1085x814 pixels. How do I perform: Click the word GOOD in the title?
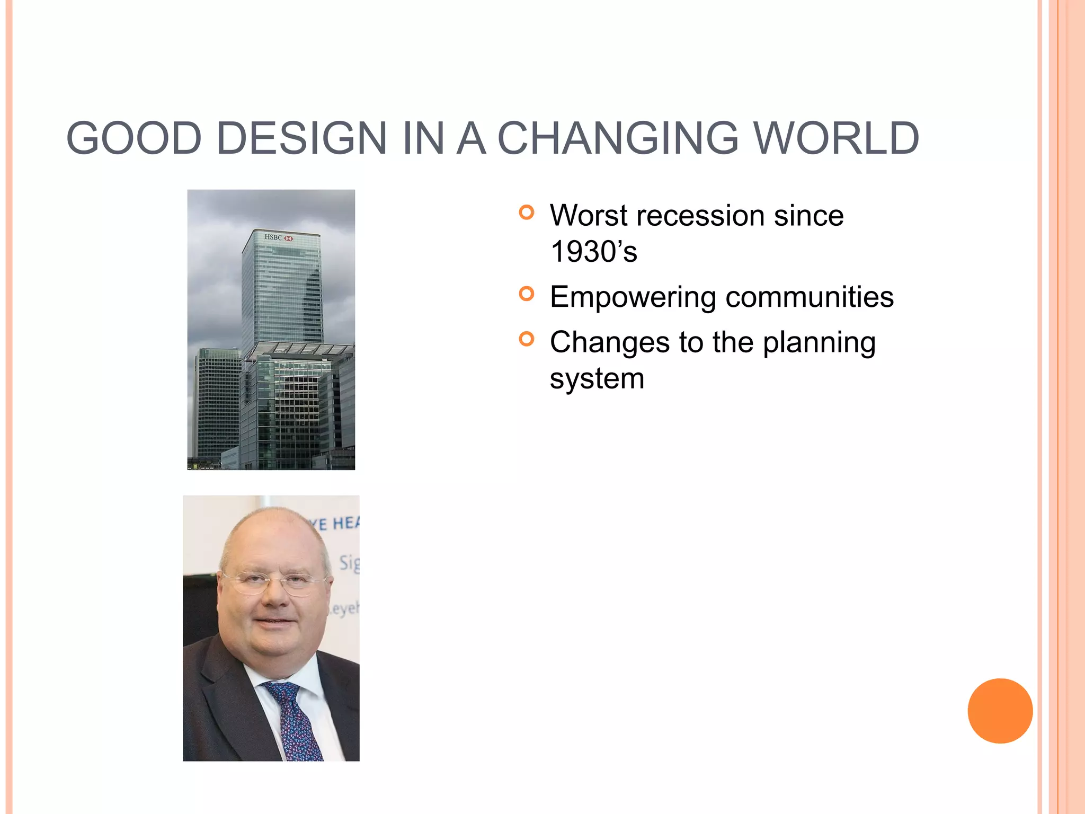[x=134, y=138]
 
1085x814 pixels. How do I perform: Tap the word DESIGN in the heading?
[x=301, y=138]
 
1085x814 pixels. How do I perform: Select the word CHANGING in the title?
[x=618, y=138]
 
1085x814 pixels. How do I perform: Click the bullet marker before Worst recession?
[x=527, y=213]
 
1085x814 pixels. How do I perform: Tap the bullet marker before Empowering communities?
[x=527, y=294]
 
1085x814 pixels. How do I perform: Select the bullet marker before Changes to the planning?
[x=527, y=339]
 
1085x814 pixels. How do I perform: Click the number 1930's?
[x=593, y=252]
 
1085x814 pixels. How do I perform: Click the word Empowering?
[x=633, y=297]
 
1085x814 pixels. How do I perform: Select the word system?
[x=597, y=379]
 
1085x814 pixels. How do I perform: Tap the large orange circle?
[x=1000, y=711]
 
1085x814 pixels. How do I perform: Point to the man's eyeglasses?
[x=273, y=582]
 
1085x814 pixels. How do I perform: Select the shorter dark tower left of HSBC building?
[x=217, y=403]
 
